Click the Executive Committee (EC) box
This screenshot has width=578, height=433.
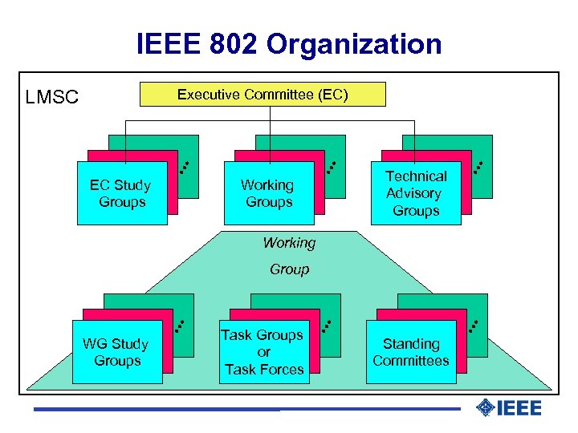tap(263, 95)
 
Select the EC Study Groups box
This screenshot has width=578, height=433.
tap(122, 193)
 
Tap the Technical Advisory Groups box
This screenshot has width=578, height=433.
tap(415, 193)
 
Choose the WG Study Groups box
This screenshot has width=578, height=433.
tap(117, 352)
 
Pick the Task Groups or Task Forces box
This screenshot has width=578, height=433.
tap(264, 352)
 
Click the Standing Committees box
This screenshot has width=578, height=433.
tap(411, 352)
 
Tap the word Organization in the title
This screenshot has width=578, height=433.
tap(354, 44)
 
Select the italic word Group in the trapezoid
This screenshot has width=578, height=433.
tap(289, 269)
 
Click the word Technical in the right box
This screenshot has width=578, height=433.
tap(416, 176)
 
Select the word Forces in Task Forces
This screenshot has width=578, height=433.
tap(283, 370)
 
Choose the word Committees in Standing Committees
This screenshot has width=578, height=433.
tap(411, 361)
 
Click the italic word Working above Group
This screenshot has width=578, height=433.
tap(289, 242)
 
